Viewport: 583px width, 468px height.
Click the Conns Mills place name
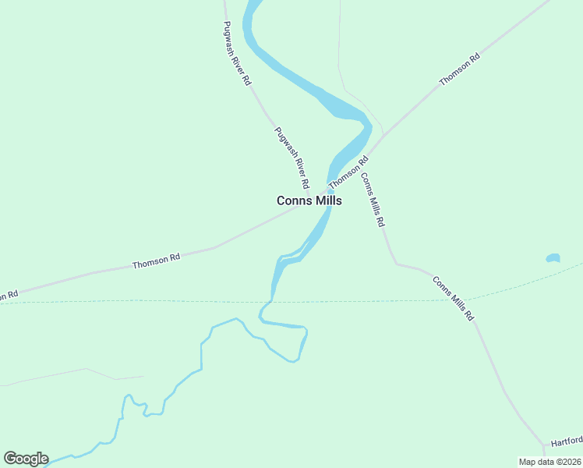point(309,200)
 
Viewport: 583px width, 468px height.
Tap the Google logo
point(26,459)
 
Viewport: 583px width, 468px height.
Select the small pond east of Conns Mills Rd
point(553,258)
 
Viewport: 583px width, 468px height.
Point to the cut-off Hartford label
point(567,441)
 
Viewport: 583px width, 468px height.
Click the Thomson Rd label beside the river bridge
point(348,173)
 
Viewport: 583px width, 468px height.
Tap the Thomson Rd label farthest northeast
point(459,70)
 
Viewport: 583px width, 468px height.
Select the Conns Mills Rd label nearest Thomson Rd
point(372,200)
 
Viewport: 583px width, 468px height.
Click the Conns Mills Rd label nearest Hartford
point(453,299)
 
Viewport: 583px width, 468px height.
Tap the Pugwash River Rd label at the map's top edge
point(235,54)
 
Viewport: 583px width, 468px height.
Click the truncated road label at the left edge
point(9,296)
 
